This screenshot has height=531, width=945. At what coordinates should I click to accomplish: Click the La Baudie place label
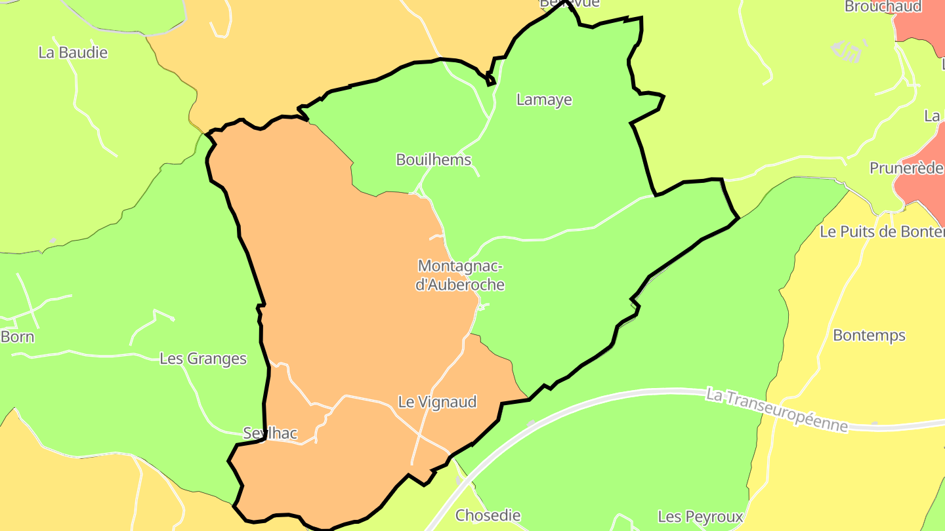pos(73,53)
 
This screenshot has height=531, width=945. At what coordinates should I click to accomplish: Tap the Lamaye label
pos(544,100)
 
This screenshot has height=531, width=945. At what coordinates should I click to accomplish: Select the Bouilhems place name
pos(434,159)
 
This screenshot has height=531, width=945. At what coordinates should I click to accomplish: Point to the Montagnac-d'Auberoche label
pos(460,275)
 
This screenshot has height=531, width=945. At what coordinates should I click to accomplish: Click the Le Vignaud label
pos(437,402)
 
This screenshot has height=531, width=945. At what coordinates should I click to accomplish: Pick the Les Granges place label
pos(203,359)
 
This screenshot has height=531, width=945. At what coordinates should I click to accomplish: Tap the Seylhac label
pos(270,433)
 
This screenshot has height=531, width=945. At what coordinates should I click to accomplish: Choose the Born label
pos(18,337)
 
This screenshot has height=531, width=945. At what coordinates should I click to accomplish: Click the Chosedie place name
pos(488,515)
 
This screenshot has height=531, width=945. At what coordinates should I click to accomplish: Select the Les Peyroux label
pos(700,517)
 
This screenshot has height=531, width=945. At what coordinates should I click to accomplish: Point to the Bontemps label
pos(869,336)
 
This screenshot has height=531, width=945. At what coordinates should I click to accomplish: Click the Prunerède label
pos(906,168)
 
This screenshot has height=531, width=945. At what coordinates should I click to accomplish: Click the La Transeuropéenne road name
pos(777,410)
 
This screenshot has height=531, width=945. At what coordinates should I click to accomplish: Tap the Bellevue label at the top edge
pos(570,3)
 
